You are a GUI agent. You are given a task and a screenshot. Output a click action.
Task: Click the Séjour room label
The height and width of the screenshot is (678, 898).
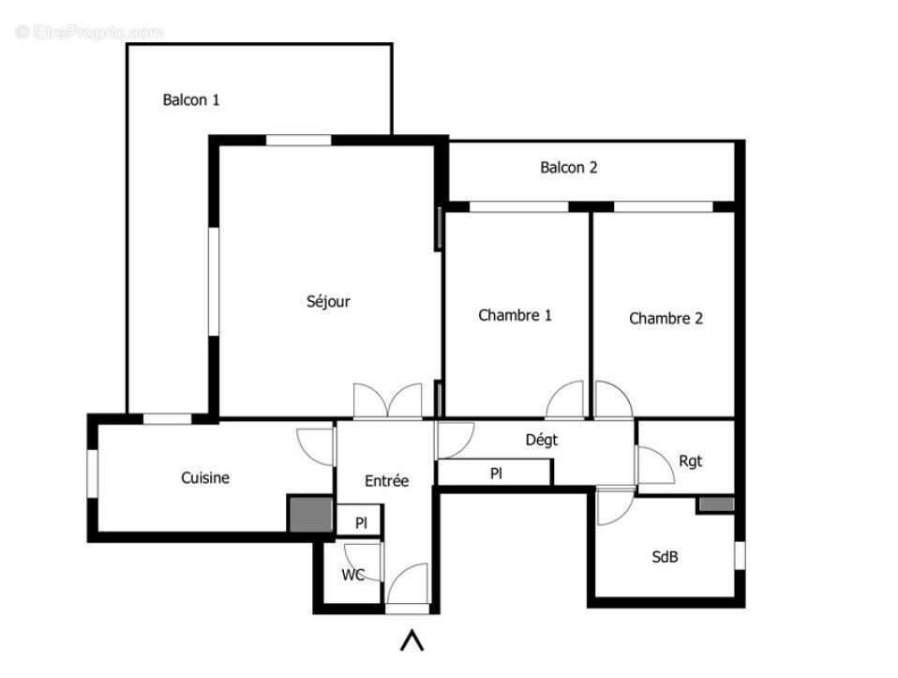coord(328,301)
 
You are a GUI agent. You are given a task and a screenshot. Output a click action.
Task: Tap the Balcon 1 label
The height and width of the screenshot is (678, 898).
coord(191,99)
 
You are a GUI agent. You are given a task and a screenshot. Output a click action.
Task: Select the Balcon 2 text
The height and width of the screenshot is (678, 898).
coord(568,168)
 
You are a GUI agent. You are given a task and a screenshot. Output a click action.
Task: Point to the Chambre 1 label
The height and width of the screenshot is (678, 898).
coord(515,315)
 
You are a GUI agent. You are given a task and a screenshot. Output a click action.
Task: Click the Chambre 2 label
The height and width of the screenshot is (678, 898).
coord(666,318)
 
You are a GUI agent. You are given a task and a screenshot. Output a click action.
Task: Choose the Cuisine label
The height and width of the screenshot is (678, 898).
coord(204,477)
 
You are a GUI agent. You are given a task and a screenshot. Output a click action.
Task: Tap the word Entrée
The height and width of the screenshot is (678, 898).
coord(386,480)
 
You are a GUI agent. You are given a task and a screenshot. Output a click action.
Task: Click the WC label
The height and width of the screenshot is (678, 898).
coord(352,575)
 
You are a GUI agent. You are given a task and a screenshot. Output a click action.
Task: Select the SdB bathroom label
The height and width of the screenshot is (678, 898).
coord(665,556)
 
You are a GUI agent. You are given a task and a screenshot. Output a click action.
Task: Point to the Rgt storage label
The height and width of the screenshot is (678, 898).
coord(690,460)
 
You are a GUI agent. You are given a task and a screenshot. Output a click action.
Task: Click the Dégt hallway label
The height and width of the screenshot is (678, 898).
coord(541,439)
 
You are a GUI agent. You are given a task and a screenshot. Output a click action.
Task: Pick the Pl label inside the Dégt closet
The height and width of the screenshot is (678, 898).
coord(496,474)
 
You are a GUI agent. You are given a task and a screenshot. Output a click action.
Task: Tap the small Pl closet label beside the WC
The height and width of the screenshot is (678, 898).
coord(360,522)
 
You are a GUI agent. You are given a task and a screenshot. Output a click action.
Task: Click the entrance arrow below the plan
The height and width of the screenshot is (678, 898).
coord(412,640)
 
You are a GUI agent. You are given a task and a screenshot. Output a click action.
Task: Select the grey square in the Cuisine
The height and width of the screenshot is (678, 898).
coord(310,515)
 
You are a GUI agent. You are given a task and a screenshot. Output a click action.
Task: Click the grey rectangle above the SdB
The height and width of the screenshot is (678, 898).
coord(715,505)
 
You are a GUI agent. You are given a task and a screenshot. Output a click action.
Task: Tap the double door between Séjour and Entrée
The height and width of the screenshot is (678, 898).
coord(387,401)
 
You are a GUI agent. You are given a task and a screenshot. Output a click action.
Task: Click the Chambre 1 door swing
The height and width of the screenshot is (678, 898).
coord(567,401)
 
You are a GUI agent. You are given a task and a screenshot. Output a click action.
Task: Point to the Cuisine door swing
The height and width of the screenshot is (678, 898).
coord(317,445)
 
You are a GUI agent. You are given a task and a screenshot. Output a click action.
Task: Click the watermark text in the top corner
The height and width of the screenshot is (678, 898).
coord(90,32)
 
